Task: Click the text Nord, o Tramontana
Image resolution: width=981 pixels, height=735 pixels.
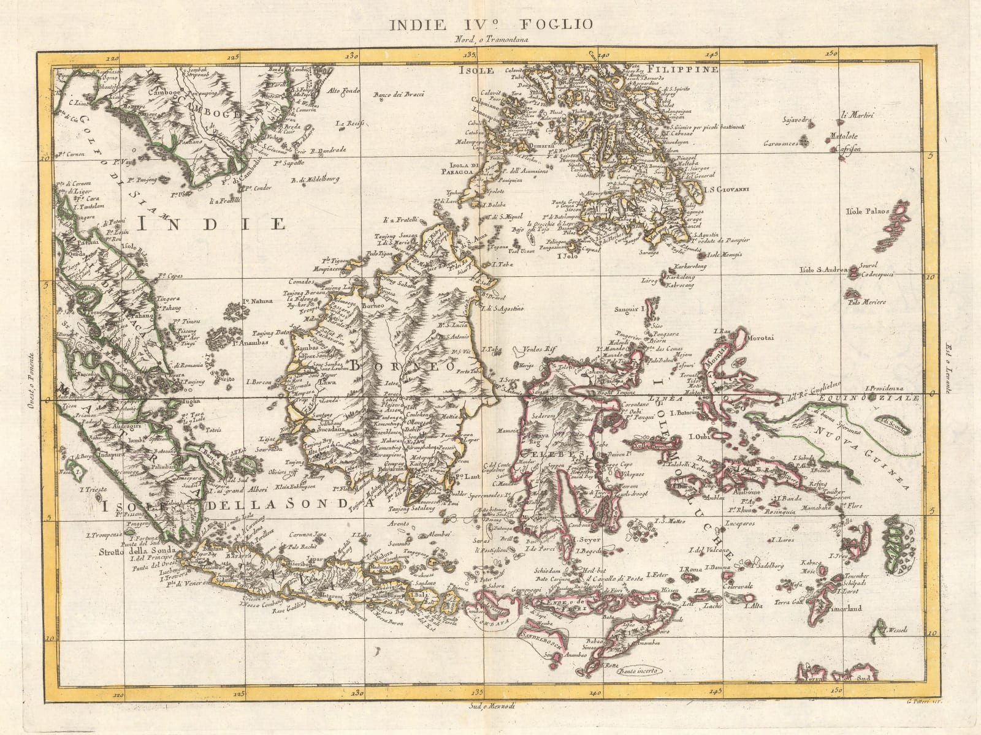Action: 492,40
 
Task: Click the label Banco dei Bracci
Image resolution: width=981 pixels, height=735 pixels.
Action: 400,94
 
